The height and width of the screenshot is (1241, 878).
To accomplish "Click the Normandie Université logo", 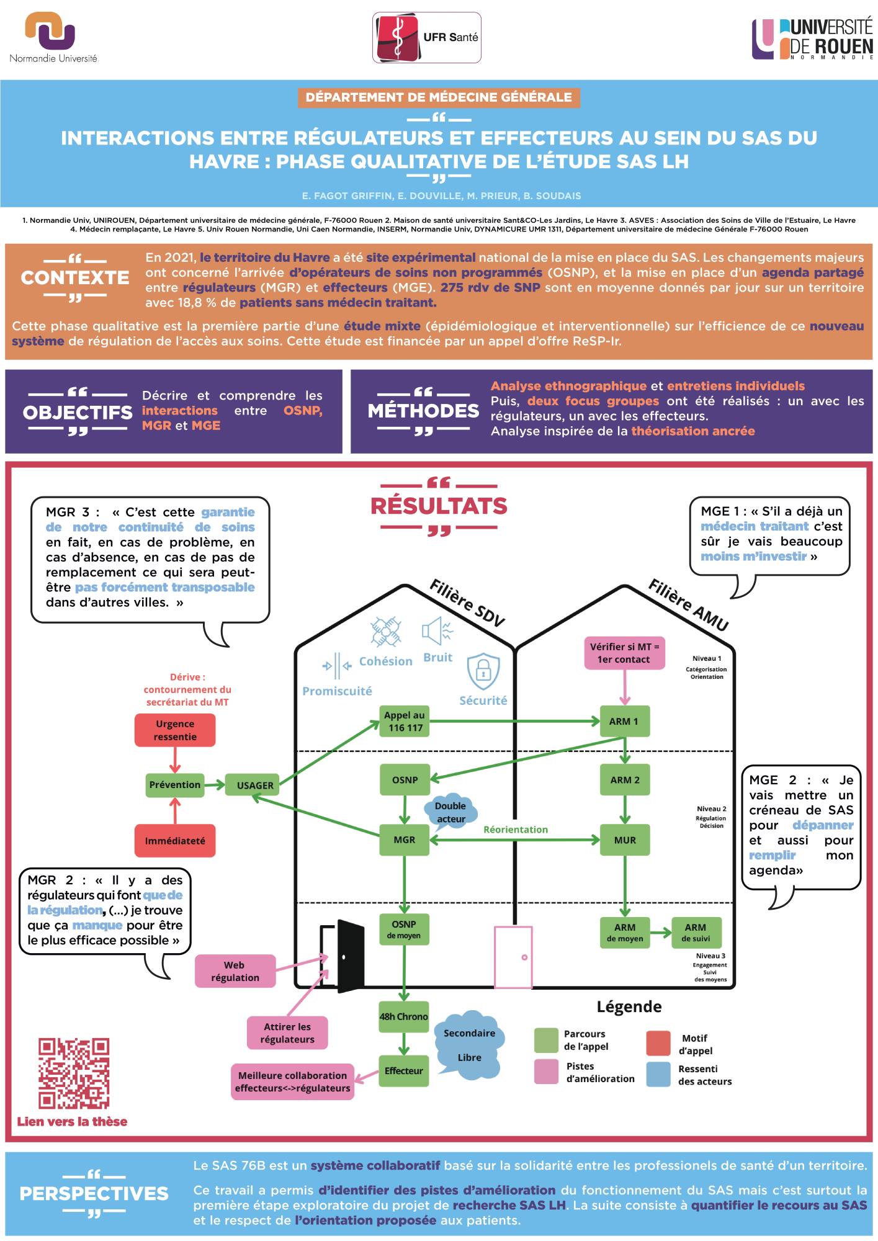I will [53, 37].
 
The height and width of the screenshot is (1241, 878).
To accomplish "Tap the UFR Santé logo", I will [426, 38].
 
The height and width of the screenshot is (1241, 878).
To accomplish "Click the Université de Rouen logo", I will [813, 38].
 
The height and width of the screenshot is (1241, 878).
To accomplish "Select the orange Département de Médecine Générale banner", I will [439, 97].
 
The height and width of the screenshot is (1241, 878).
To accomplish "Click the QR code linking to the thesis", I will [74, 1073].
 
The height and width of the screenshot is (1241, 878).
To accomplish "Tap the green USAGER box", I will [254, 785].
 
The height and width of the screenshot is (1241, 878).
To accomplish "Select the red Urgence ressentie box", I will [175, 730].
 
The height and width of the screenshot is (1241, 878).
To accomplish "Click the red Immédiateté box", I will [175, 841].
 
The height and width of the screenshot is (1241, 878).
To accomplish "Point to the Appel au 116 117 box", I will [405, 722].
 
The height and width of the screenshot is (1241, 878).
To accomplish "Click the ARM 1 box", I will [624, 721].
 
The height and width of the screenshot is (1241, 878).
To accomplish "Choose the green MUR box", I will [625, 840].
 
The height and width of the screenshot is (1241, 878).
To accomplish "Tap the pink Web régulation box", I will [235, 971].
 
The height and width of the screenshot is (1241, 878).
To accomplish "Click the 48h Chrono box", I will [404, 1016].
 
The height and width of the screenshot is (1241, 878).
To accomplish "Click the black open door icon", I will [345, 956].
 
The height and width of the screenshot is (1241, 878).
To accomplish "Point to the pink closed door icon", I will [513, 957].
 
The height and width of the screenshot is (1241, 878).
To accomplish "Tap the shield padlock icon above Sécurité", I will [483, 670].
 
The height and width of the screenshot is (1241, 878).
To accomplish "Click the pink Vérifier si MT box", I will [624, 653].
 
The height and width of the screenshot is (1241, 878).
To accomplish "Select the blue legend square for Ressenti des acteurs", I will [658, 1075].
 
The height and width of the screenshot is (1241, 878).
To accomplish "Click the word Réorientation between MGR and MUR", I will [516, 830].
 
